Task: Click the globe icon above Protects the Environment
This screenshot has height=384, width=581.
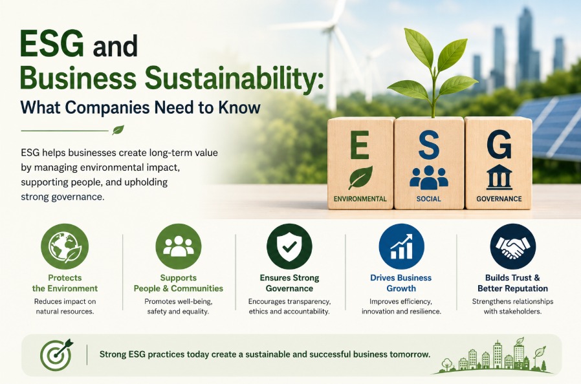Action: click(x=65, y=246)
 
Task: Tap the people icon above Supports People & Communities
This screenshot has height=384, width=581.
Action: click(x=178, y=246)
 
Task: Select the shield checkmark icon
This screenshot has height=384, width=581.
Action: click(x=289, y=246)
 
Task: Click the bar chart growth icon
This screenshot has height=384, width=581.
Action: click(x=401, y=246)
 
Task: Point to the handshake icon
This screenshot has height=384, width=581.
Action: click(x=513, y=246)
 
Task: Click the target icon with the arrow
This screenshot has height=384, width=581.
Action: click(x=57, y=355)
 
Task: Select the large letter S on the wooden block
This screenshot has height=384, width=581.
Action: click(x=429, y=145)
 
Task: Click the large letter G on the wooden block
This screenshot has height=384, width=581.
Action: click(x=499, y=145)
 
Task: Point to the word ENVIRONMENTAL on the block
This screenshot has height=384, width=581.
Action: click(x=360, y=199)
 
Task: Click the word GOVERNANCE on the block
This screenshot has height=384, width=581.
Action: click(x=499, y=199)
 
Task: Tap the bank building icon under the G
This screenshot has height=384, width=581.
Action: click(x=499, y=177)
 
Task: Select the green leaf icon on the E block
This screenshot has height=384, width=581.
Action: click(x=360, y=178)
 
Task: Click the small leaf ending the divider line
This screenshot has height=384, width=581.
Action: click(x=118, y=130)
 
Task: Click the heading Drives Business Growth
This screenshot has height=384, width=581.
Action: click(x=401, y=283)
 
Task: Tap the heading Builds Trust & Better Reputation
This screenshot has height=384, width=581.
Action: click(x=512, y=283)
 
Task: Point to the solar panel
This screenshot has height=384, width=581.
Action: click(x=552, y=126)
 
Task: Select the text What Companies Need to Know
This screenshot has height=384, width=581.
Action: click(x=141, y=107)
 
